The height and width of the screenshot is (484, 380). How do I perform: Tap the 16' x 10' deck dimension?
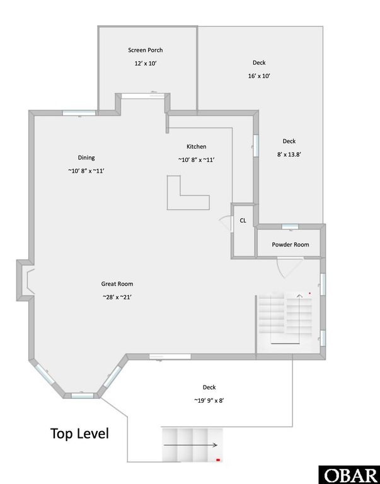click(x=259, y=76)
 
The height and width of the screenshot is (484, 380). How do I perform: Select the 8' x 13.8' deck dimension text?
click(x=289, y=154)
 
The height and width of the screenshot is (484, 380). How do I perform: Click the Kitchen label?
click(x=196, y=147)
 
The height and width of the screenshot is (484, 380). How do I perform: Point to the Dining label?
click(x=86, y=158)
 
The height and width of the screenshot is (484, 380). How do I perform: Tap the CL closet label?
click(x=243, y=221)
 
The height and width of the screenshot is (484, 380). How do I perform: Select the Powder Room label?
click(x=291, y=245)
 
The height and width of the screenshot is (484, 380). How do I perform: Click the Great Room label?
click(x=117, y=284)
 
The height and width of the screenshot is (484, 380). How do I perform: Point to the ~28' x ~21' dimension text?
click(x=117, y=297)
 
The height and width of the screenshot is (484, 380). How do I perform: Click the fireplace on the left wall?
click(x=25, y=280)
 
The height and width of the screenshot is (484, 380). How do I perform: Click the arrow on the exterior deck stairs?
click(x=190, y=444)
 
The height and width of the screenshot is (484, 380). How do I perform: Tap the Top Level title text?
click(x=79, y=434)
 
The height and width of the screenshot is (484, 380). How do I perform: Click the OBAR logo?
click(x=348, y=474)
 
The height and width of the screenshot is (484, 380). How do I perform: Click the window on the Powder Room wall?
click(x=290, y=226)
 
